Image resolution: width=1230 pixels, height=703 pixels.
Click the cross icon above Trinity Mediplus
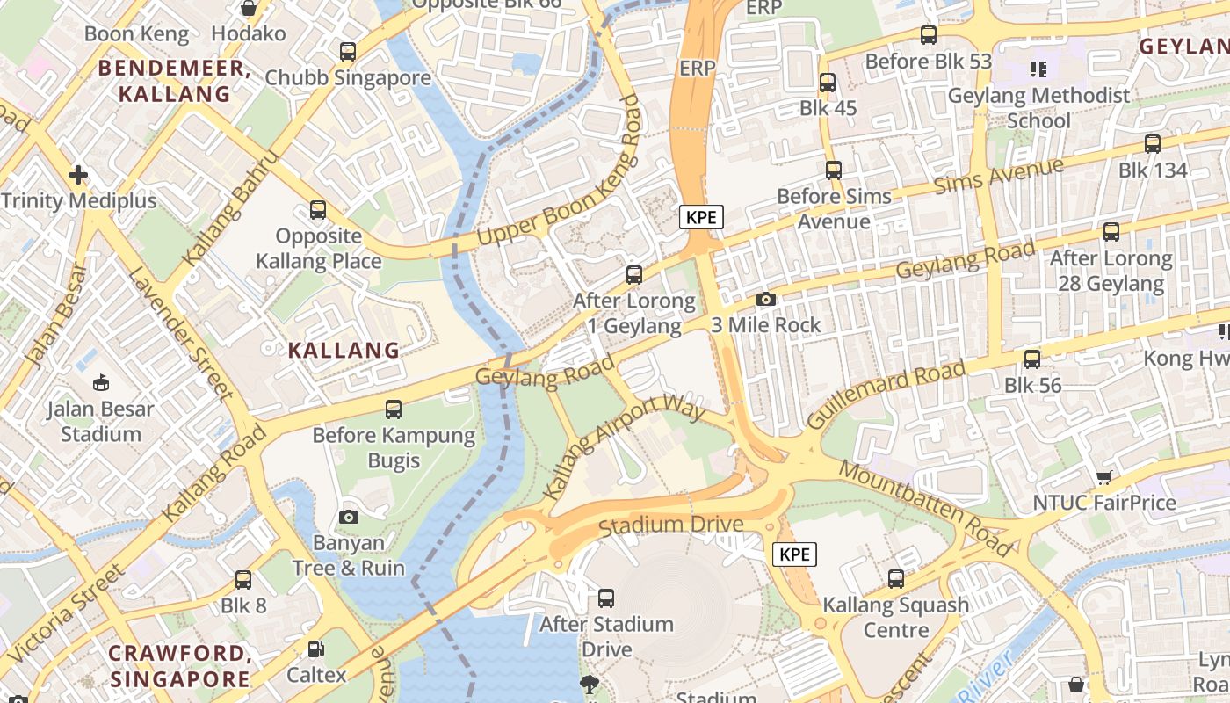(x=79, y=174)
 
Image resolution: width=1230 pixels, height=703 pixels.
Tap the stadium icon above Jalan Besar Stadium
(x=101, y=382)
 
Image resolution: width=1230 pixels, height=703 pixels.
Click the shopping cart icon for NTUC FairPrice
(x=1104, y=477)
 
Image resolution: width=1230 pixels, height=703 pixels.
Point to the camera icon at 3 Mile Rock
(x=766, y=299)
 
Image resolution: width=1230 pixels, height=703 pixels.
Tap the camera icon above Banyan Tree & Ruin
(x=349, y=517)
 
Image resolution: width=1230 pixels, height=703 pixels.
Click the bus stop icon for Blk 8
(x=243, y=580)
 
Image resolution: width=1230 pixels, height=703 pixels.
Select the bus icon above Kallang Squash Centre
(x=896, y=579)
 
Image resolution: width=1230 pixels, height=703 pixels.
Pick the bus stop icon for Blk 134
(x=1153, y=144)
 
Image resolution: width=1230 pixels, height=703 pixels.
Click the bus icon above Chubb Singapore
(x=348, y=52)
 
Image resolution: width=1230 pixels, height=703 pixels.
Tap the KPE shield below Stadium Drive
(x=794, y=554)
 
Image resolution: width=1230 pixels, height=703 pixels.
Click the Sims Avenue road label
(x=998, y=176)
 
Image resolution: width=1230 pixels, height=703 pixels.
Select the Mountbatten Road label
(x=926, y=508)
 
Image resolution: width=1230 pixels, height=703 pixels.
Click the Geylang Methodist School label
(x=1038, y=107)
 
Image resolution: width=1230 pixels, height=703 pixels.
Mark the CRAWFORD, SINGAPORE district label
(x=180, y=666)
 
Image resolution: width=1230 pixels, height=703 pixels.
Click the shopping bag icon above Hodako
(x=249, y=9)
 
